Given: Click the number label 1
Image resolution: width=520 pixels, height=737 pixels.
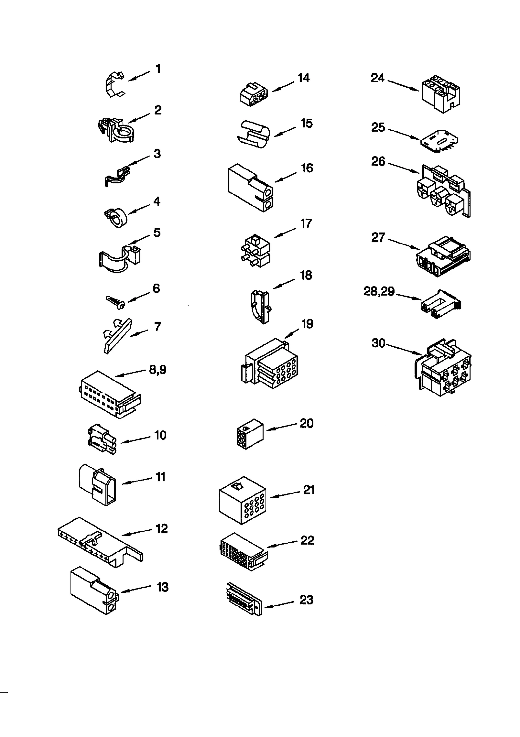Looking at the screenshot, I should tap(158, 69).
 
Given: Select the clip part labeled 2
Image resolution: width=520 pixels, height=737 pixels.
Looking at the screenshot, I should tap(115, 130).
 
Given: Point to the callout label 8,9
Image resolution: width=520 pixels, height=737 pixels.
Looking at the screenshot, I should tap(158, 369).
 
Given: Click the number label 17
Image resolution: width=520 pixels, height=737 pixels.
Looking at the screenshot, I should tap(306, 223).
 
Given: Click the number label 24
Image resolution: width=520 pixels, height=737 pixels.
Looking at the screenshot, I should tap(378, 78).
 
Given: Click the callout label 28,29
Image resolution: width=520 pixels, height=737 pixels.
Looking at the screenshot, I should tap(379, 291).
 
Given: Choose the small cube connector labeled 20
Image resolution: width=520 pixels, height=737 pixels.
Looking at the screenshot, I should tap(249, 434).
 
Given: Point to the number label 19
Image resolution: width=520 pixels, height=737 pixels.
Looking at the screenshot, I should tap(307, 324).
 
